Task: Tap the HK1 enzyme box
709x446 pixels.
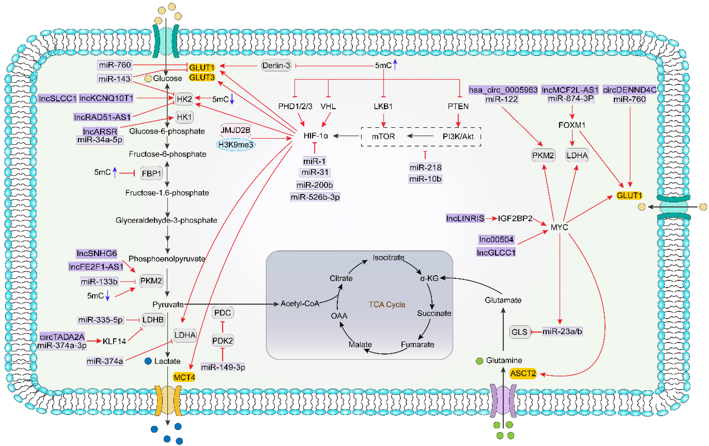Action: tap(184, 117)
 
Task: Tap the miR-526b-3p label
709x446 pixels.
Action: tap(315, 197)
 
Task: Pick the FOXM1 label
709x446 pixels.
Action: tap(572, 125)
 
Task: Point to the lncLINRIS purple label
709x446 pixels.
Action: tap(465, 218)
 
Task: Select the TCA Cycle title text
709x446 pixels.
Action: tap(387, 304)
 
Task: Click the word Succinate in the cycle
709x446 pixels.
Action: tap(434, 313)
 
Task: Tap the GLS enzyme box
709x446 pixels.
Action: tap(519, 332)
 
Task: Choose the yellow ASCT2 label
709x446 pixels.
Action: tap(523, 374)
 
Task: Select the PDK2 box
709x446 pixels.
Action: tap(223, 341)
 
